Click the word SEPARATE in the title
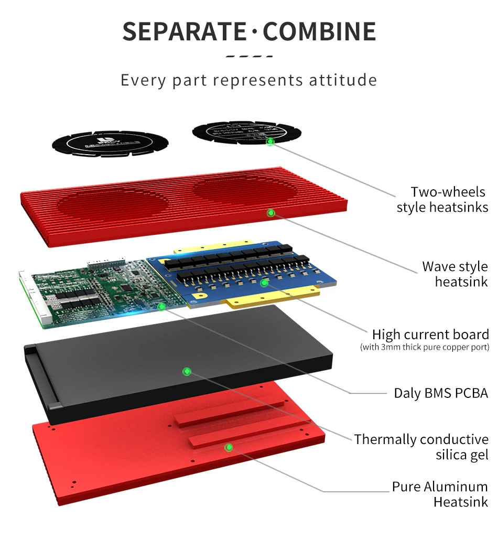pos(184,31)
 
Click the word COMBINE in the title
pos(319,31)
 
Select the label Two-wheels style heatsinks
pos(442,200)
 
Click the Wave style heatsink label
pos(454,274)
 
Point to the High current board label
pos(430,334)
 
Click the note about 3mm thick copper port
pos(424,347)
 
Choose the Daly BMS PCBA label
pos(441,393)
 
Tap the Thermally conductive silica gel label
pos(421,447)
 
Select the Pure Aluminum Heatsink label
pos(440,494)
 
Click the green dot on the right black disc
pos(270,142)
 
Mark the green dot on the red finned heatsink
pos(271,213)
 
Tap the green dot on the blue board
pos(264,283)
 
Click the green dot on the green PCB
pos(161,306)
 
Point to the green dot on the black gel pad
pos(186,372)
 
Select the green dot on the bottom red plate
pos(229,447)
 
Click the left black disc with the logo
pos(110,143)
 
